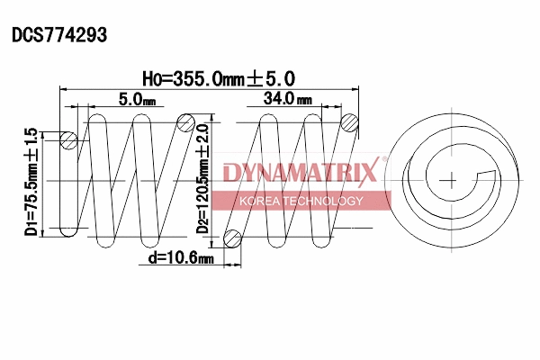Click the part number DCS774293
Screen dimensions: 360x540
(59, 35)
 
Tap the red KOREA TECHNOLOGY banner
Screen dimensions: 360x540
(301, 201)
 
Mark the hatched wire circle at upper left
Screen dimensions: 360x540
(68, 140)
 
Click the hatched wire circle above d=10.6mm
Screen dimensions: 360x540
(233, 238)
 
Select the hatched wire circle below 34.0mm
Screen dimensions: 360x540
(352, 123)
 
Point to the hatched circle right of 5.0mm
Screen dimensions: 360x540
(186, 123)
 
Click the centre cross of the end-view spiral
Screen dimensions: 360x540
(447, 180)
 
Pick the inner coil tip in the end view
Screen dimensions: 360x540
(490, 174)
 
